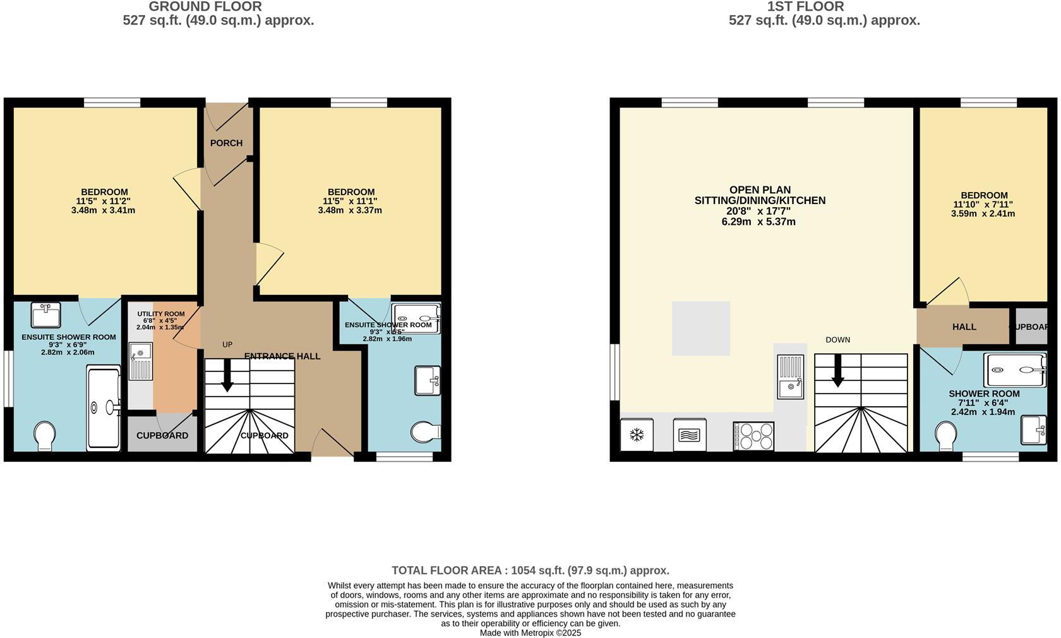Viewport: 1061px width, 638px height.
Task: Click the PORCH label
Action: (x=226, y=143)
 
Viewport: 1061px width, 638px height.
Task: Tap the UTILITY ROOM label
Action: (x=161, y=314)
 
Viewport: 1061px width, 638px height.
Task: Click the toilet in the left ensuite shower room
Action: (x=44, y=435)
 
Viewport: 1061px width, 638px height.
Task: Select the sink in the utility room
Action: (x=140, y=361)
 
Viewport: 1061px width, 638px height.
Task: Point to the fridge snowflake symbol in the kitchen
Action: (x=637, y=435)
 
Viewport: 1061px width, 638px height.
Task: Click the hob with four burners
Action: (x=753, y=436)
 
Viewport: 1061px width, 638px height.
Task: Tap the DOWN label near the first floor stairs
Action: (x=837, y=340)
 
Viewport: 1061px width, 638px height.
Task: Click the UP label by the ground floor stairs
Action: (x=227, y=345)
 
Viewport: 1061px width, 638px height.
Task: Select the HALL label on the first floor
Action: (x=964, y=327)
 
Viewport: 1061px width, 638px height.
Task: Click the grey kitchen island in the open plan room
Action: (x=700, y=328)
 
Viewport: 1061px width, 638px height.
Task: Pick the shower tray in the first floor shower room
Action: (x=1014, y=370)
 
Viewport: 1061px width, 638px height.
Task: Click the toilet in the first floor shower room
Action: (x=945, y=436)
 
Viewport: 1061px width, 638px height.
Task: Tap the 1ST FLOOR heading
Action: (x=805, y=7)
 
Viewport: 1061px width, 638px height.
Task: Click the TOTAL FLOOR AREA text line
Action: (x=530, y=570)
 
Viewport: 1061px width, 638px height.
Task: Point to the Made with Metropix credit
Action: (x=530, y=632)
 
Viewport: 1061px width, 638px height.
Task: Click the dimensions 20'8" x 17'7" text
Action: (x=760, y=212)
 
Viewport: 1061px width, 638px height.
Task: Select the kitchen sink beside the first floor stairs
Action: (x=790, y=377)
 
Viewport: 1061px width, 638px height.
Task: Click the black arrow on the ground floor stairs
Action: (x=227, y=379)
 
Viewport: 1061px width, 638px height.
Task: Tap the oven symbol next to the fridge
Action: (x=690, y=435)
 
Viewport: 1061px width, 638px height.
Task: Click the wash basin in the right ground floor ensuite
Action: (x=428, y=380)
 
